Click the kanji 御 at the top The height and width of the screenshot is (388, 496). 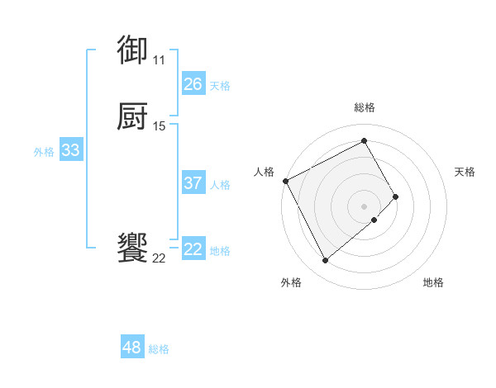[x=133, y=50]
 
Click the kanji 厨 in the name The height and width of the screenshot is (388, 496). [x=133, y=116]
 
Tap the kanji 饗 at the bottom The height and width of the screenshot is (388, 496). [x=133, y=248]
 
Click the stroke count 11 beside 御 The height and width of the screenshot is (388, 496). [x=159, y=59]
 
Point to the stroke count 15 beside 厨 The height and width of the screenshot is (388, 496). [x=159, y=125]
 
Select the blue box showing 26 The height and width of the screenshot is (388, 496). [x=193, y=84]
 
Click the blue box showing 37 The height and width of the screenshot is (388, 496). [x=193, y=183]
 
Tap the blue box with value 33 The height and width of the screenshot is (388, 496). [x=71, y=150]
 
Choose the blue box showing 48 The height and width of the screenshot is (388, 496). [x=132, y=348]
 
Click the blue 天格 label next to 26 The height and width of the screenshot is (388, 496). [x=220, y=86]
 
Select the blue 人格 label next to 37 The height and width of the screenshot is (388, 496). [x=220, y=185]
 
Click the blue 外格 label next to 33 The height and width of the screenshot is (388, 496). [x=44, y=152]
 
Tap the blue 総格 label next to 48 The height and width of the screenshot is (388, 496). [x=159, y=349]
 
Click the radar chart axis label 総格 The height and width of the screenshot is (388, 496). [x=365, y=108]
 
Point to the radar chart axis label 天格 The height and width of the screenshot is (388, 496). [x=465, y=172]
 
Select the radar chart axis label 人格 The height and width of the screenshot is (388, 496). [x=264, y=172]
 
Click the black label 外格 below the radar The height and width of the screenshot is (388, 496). [x=291, y=283]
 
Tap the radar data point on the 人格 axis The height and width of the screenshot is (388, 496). [x=285, y=180]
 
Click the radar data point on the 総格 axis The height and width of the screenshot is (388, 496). [x=365, y=140]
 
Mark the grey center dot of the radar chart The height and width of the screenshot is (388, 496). [x=365, y=206]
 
